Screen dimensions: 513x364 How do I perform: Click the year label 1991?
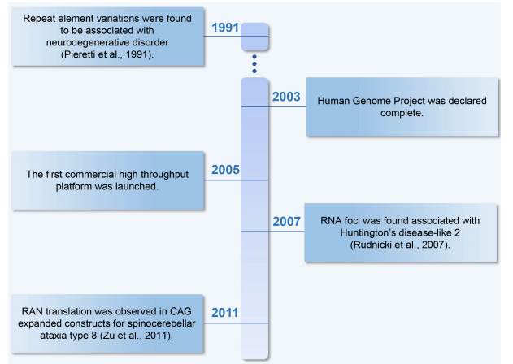point(225,28)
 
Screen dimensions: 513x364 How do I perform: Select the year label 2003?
point(286,97)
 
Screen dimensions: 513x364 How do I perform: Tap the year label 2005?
point(225,170)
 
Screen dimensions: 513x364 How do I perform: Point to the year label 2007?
point(287,222)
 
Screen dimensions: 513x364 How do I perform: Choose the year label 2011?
point(224,313)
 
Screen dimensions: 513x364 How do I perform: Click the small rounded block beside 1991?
point(254,37)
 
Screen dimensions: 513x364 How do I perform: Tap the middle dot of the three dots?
point(254,63)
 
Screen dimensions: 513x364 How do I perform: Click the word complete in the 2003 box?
point(401,113)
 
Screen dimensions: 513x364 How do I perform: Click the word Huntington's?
point(364,232)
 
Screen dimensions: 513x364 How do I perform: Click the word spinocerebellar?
point(161,323)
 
